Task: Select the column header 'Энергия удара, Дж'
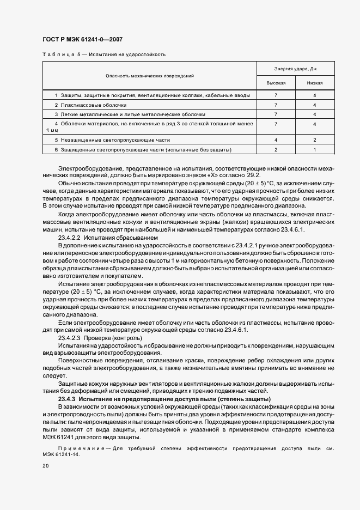coord(295,69)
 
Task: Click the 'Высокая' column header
coord(276,83)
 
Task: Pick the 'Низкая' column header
coord(315,83)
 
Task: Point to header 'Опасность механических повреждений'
coord(150,76)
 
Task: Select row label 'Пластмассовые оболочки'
coord(94,105)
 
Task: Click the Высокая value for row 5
coord(276,140)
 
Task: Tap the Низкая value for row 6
coord(315,149)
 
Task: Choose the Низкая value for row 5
coord(315,140)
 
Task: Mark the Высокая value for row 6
coord(276,149)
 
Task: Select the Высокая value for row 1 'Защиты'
coord(276,95)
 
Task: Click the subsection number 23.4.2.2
coord(69,238)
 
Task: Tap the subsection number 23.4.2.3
coord(69,338)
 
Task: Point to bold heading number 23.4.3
coord(68,399)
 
